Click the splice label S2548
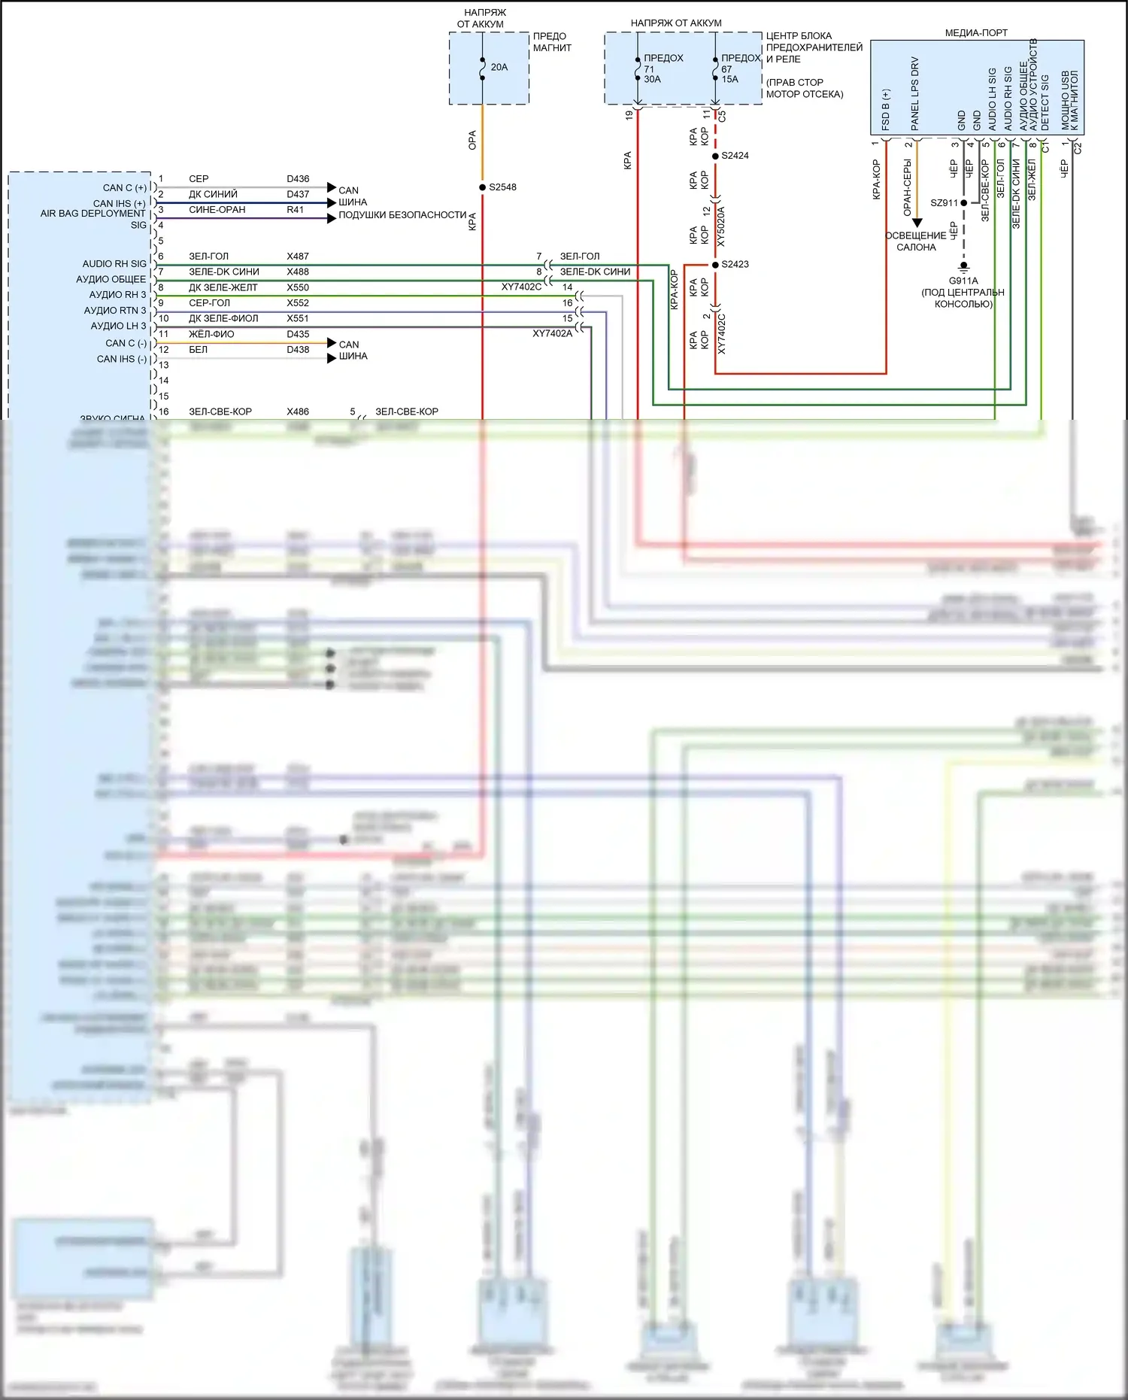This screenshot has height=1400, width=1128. coord(502,187)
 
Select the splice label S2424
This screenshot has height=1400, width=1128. coord(735,156)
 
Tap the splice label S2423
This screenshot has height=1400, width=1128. coord(735,265)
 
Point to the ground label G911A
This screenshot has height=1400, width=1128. coord(963,281)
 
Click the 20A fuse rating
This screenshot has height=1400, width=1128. coord(499,68)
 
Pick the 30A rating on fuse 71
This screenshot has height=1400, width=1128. coord(652,80)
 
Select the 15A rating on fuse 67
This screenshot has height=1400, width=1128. coord(729,80)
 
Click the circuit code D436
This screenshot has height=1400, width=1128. coord(298,179)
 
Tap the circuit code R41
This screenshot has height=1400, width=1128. coord(295,210)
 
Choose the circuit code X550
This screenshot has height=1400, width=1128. coord(298,287)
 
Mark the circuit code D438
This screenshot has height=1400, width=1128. coord(298,350)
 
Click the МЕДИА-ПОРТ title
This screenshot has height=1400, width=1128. coord(975,33)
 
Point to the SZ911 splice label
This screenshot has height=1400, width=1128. coord(944,203)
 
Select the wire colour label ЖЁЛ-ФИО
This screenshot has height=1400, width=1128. coord(211,334)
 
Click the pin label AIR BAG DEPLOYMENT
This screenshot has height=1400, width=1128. coord(92,214)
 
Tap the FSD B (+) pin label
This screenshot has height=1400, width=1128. coord(886,110)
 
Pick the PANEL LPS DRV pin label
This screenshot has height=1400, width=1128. coord(915,93)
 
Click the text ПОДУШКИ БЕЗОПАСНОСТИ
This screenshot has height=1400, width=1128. coord(402,215)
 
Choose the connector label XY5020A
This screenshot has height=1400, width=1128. coord(721,226)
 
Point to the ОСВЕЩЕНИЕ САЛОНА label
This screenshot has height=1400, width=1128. coord(915,241)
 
